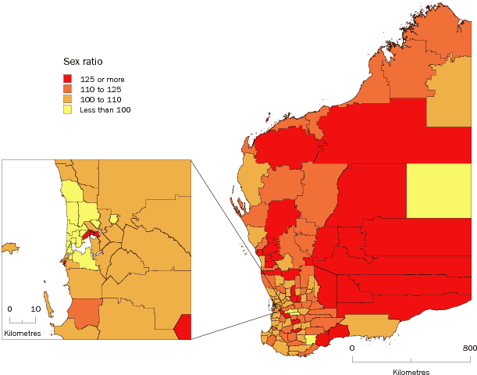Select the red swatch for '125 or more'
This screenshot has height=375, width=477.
[68, 79]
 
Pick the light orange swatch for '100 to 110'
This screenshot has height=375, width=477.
[68, 99]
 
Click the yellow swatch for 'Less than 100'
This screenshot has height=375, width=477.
[68, 109]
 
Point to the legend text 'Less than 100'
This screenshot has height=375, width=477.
[105, 109]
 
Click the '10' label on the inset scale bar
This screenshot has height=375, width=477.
[35, 309]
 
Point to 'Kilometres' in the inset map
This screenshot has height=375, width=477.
[22, 334]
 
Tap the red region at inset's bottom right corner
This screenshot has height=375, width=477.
[183, 327]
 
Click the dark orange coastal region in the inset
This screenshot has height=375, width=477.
[83, 312]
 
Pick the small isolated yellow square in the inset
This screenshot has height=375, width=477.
[114, 220]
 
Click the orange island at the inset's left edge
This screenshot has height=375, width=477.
[9, 248]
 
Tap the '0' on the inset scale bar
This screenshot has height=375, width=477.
[9, 309]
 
